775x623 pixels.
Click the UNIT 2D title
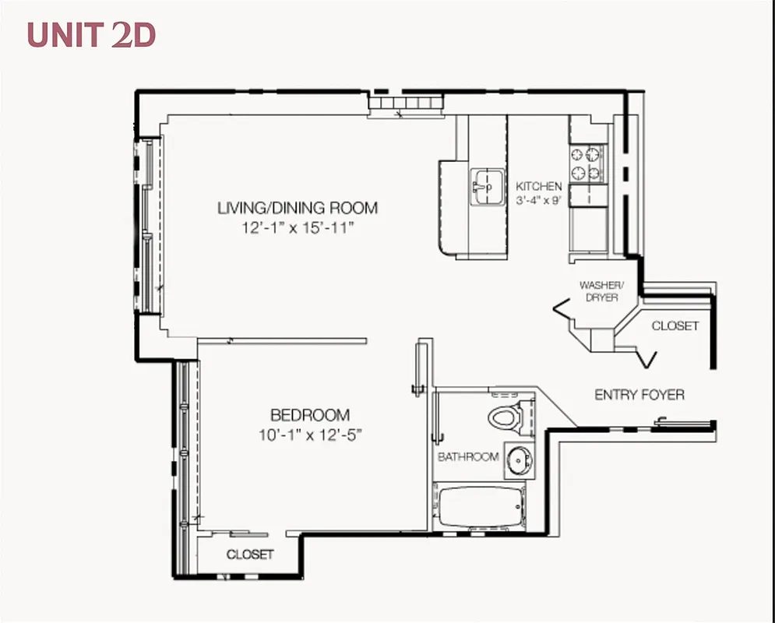pos(92,36)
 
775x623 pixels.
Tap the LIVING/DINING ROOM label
pos(298,208)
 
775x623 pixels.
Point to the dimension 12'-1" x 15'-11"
pos(298,228)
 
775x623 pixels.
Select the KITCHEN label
pos(538,187)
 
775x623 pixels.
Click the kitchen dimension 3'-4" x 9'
pos(538,201)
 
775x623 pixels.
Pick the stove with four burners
pos(587,163)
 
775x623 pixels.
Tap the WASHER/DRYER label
pos(598,291)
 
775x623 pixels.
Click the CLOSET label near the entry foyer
pos(675,326)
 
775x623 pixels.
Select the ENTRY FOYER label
pos(639,395)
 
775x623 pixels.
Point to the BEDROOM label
pos(309,415)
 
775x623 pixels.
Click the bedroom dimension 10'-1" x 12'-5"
pos(309,435)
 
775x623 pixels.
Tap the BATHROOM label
pos(467,456)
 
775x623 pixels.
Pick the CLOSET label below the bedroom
pos(249,554)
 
